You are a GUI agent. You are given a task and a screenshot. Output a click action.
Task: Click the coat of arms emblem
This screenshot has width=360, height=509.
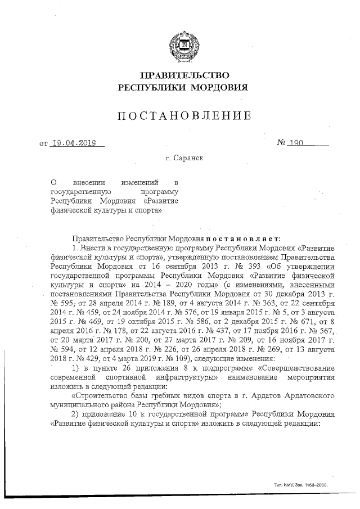[x=182, y=43]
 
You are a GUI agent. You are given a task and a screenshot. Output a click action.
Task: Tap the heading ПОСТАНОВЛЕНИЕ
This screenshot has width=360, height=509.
[x=183, y=116]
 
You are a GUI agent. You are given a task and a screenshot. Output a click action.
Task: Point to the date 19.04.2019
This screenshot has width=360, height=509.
[x=74, y=143]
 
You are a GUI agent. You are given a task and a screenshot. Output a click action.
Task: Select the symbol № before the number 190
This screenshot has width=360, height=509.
[x=282, y=143]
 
